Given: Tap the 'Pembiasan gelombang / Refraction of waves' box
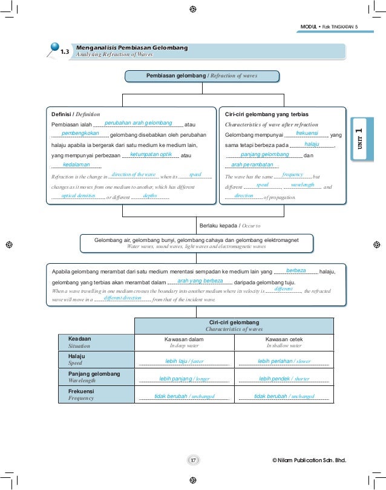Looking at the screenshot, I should click(202, 76).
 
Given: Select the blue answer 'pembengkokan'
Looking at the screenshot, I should click(80, 133).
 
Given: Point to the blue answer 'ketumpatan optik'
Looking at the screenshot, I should click(151, 154).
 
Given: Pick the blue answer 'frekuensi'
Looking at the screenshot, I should click(307, 132).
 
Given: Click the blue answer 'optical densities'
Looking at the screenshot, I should click(78, 196).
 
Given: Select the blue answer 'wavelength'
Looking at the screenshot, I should click(303, 185).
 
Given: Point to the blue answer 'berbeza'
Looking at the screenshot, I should click(295, 270).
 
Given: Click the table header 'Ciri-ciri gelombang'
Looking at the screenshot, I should click(234, 322).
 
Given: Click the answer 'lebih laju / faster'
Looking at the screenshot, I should click(185, 361).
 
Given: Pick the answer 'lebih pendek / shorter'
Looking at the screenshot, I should click(284, 379).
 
